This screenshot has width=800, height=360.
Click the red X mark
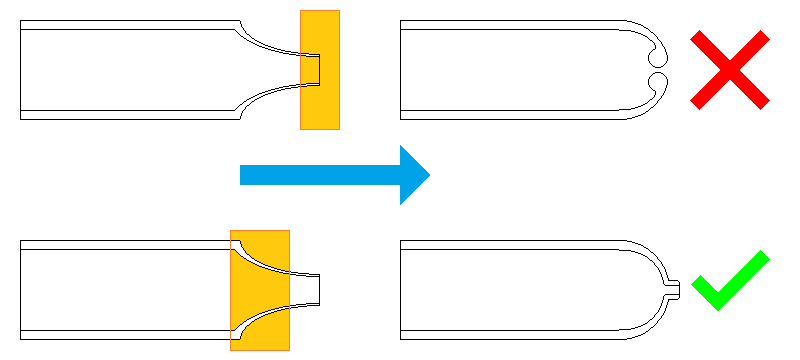click(730, 69)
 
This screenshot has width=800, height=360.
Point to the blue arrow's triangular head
click(413, 175)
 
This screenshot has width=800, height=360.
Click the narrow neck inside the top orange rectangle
click(313, 69)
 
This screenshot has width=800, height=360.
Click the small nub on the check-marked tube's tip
click(673, 289)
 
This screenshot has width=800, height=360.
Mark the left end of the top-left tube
click(21, 69)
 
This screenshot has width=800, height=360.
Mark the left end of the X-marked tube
click(401, 69)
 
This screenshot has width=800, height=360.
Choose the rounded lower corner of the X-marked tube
click(645, 108)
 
